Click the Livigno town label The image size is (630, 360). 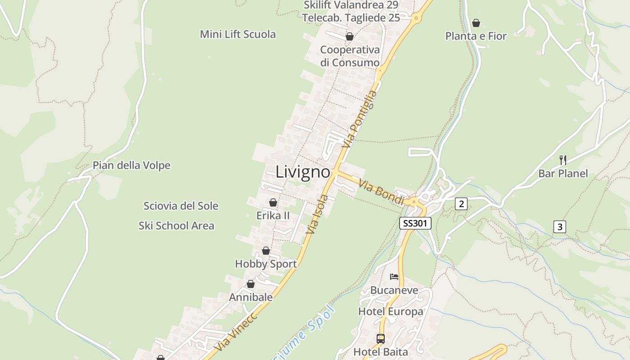click(303, 172)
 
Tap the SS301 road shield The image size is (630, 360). click(415, 223)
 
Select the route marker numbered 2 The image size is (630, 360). click(460, 204)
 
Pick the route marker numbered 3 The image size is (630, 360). click(559, 227)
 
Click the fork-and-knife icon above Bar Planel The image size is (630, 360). click(562, 159)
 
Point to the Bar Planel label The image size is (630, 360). click(563, 174)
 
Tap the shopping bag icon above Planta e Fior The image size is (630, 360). click(476, 23)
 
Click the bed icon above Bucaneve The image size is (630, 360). click(394, 276)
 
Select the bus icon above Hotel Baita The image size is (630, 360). click(381, 338)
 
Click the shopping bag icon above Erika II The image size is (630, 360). click(273, 202)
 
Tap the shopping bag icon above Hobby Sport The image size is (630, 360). click(266, 251)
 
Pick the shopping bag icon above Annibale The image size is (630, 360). click(251, 284)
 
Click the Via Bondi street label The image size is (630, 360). click(382, 192)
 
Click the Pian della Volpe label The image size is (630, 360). click(131, 166)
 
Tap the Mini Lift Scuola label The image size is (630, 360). click(238, 34)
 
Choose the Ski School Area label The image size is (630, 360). click(176, 225)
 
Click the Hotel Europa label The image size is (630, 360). click(391, 311)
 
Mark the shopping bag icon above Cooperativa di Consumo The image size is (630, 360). click(350, 36)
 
